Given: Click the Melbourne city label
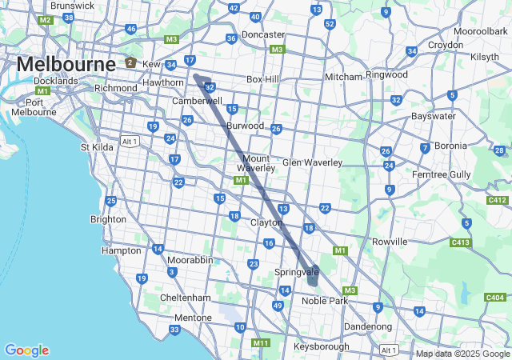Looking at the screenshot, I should (66, 63).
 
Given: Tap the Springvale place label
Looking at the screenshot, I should (297, 273).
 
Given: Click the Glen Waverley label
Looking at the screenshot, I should (312, 162).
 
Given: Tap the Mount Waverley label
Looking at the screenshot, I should (256, 163).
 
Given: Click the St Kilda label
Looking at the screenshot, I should (98, 147).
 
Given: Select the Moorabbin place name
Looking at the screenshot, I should (190, 260).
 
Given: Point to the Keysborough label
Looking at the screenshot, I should (321, 346).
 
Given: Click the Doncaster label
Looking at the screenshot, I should (263, 34).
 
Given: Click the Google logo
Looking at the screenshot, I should (26, 350).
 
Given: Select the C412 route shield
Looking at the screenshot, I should (497, 200).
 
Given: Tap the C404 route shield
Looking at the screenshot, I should (495, 298).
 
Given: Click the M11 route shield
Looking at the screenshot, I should (261, 343).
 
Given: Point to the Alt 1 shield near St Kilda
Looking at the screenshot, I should (129, 141).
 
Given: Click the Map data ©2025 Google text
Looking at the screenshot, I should (462, 354).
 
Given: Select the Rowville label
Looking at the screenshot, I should (390, 241).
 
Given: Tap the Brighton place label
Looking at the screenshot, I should (108, 219).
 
